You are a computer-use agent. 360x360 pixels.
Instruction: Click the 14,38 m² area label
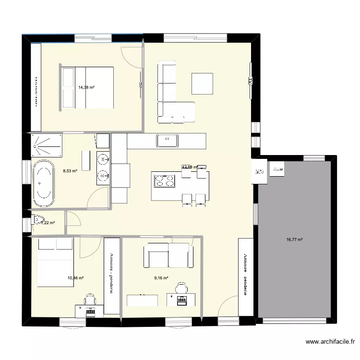pos(86,87)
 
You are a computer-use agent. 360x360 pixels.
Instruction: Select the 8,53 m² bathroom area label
pos(71,170)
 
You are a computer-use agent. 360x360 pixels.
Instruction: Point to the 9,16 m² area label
pos(161,277)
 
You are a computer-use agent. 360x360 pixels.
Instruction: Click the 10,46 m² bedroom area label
pos(76,278)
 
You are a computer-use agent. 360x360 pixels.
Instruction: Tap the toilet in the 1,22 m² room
pos(36,221)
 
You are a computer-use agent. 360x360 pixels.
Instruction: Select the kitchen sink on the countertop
pos(167,140)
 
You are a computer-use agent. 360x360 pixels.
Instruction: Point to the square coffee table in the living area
pos(202,83)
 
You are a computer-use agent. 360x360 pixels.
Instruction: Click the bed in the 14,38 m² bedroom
pos(87,87)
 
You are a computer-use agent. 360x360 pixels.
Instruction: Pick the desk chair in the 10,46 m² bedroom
pos(89,300)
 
